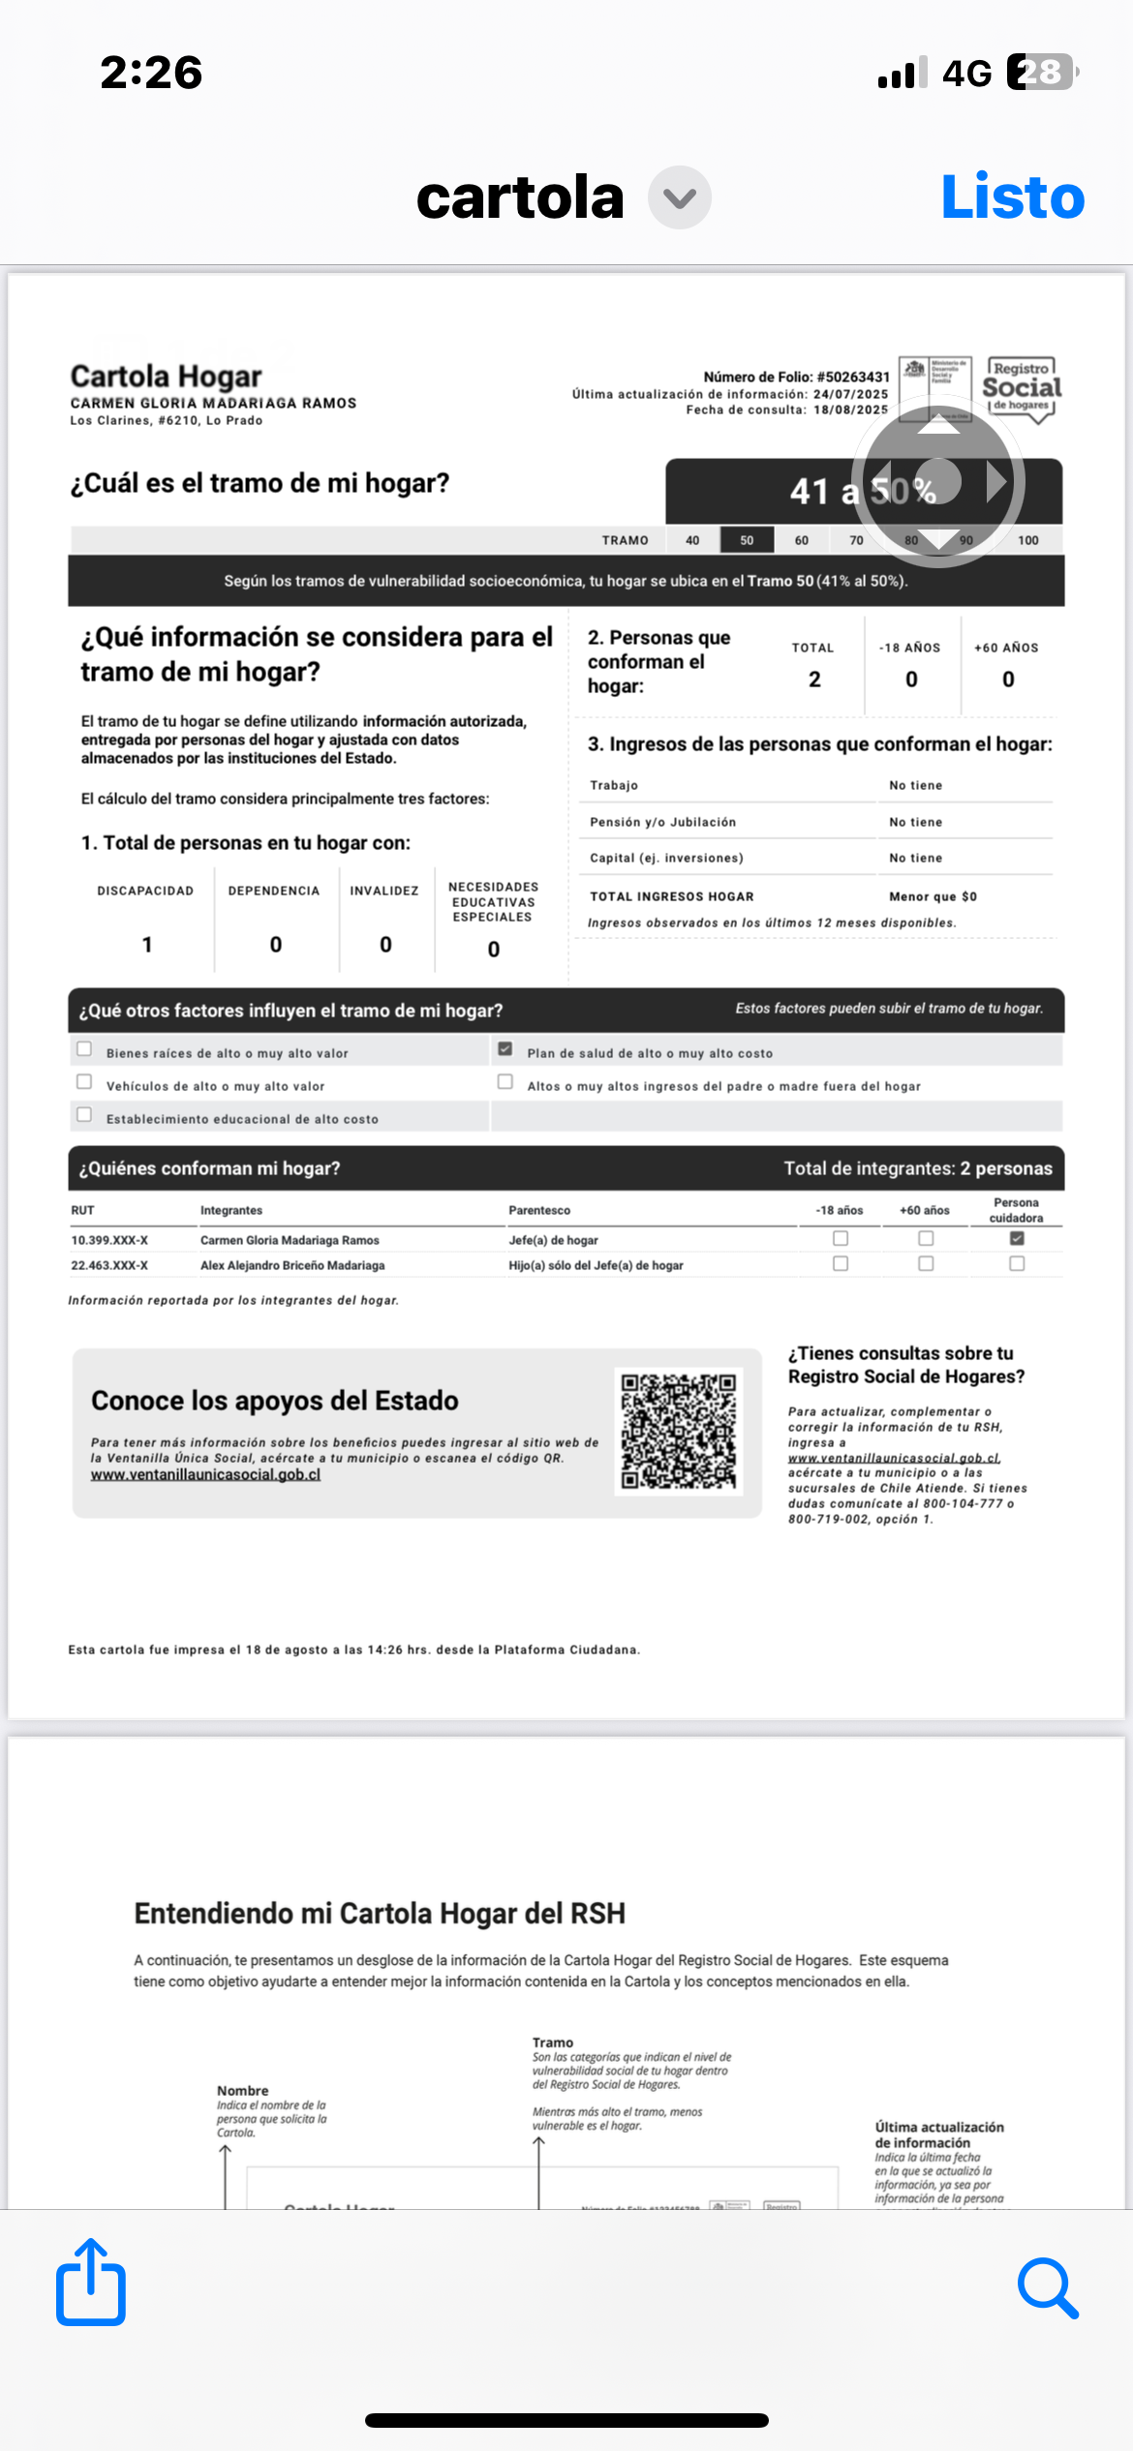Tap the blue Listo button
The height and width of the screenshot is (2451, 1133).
(x=1012, y=197)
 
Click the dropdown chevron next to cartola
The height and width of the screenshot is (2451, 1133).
(x=679, y=197)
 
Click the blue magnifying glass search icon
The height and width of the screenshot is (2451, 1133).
(x=1048, y=2287)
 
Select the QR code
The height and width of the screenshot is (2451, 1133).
(x=678, y=1432)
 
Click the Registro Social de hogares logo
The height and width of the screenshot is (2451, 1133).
(x=1022, y=388)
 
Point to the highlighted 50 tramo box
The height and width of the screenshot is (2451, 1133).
(x=747, y=540)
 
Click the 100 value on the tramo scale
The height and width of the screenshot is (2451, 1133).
(x=1027, y=540)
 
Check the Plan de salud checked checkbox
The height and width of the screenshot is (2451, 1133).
(x=505, y=1048)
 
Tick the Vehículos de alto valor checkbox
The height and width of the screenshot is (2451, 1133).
(x=84, y=1082)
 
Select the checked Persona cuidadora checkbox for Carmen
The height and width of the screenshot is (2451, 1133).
(x=1017, y=1238)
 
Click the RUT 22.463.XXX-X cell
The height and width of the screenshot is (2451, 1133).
(x=109, y=1265)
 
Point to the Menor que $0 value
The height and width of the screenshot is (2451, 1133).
(x=933, y=896)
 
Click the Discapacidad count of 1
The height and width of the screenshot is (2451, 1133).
(x=147, y=945)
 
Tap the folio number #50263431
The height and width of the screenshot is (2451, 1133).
(x=853, y=377)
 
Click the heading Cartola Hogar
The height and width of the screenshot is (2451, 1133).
(x=166, y=377)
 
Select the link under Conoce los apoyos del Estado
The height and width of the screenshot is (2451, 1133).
(x=205, y=1474)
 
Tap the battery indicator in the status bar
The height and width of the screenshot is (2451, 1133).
(x=1042, y=73)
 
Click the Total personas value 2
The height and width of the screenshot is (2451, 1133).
(x=814, y=680)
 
